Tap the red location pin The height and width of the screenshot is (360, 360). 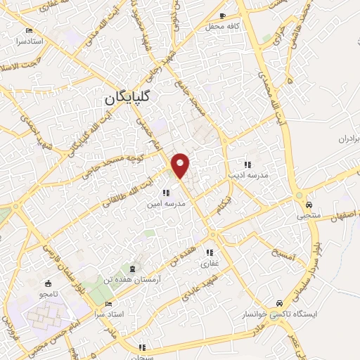181,165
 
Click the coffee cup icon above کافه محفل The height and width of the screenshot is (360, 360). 223,15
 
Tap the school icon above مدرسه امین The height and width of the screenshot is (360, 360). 166,192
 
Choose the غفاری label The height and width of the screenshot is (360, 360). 210,264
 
